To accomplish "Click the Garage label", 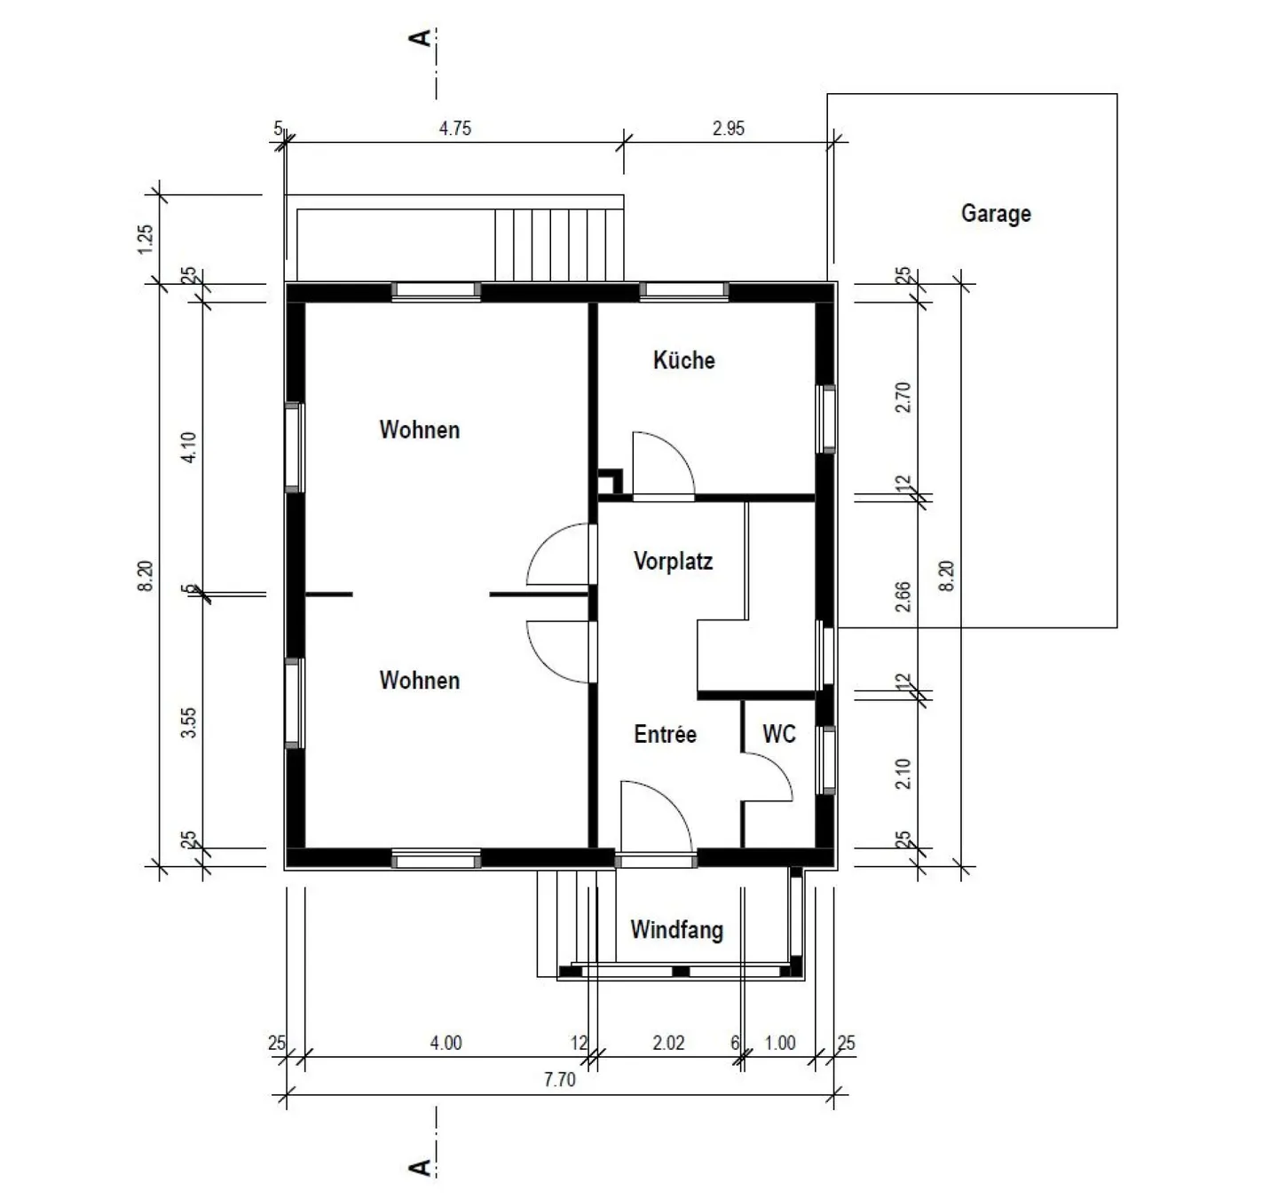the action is point(996,213).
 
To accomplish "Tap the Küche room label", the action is point(683,360).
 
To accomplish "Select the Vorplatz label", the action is point(673,561).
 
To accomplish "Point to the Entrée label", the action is point(665,734).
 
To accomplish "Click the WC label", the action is point(779,734).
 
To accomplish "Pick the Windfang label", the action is point(676,930).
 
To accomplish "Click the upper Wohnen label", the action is point(420,430).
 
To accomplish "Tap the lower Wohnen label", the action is point(420,680).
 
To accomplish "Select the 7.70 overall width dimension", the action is point(559,1079).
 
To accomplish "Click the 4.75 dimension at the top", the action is point(455,128).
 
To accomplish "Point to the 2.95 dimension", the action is point(729,128).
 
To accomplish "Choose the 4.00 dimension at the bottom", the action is point(446,1042).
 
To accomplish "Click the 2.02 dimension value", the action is point(668,1042).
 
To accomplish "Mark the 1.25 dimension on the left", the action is point(146,239).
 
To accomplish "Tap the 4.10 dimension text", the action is point(188,446).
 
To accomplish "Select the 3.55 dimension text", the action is point(188,722).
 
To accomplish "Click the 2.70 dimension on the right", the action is point(903,398).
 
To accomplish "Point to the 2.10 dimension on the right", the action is point(903,773).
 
